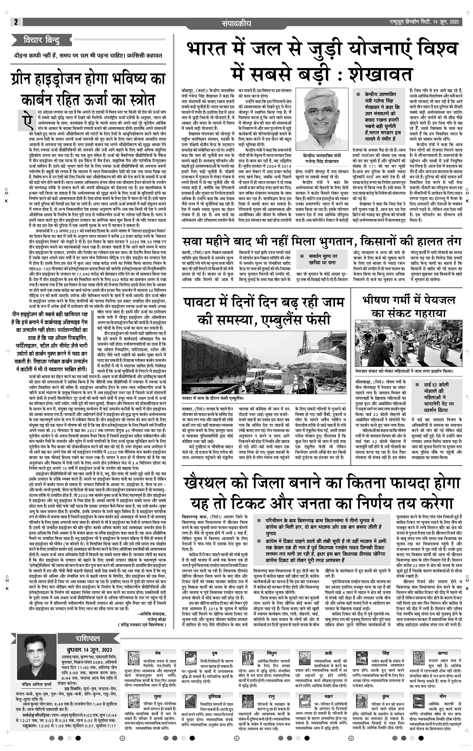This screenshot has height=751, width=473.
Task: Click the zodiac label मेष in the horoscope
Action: tap(158, 653)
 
